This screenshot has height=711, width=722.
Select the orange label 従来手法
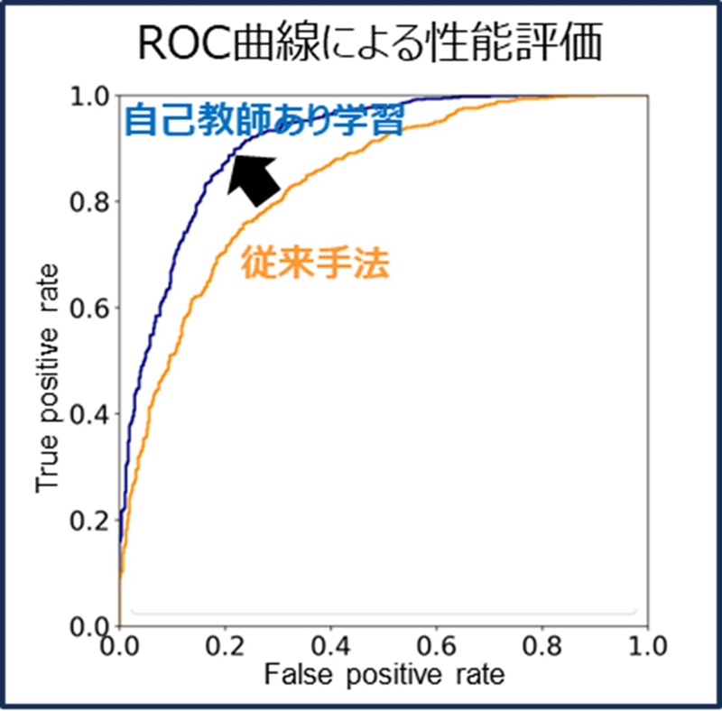point(315,263)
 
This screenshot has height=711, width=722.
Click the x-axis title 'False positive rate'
point(384,673)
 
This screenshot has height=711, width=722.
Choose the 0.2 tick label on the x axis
point(225,646)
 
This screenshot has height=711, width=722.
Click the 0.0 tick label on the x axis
point(119,646)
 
